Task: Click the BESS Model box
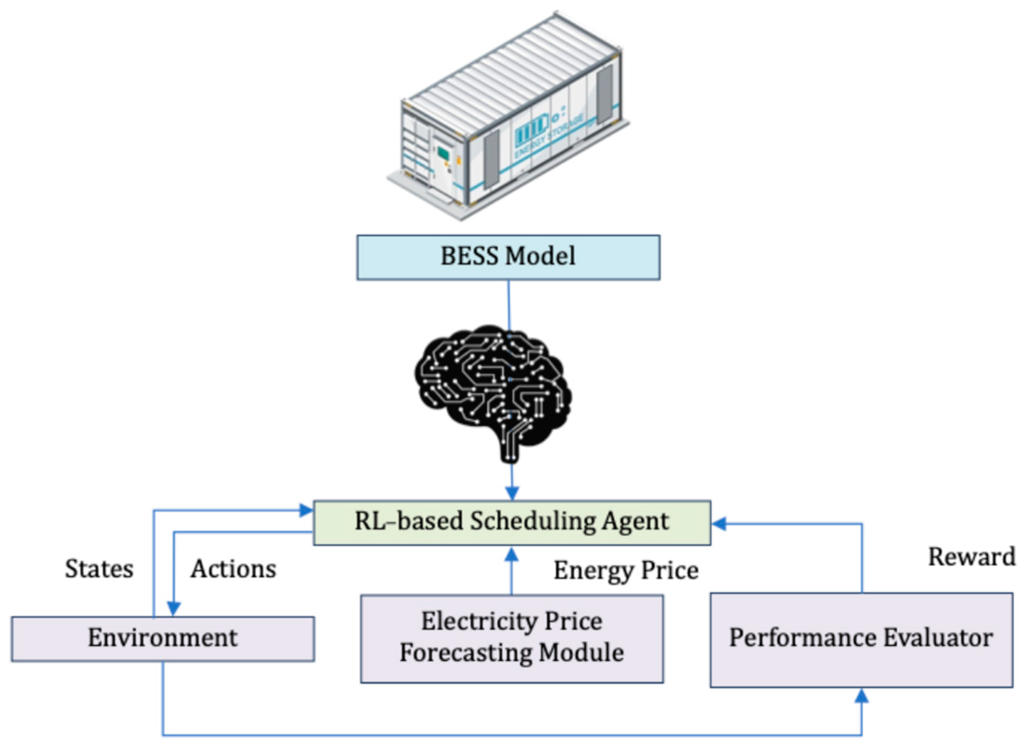coord(508,257)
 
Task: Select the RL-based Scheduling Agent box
coord(512,522)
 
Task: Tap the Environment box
coord(163,638)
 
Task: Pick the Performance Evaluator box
coord(861,639)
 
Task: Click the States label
coord(99,569)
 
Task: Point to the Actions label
coord(233,569)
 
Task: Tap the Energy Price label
coord(626,570)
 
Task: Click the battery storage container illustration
coord(508,117)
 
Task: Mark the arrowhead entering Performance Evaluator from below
coord(861,696)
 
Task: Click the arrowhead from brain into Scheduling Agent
coord(512,493)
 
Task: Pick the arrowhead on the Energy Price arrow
coord(512,554)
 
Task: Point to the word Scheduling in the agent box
coord(532,521)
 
